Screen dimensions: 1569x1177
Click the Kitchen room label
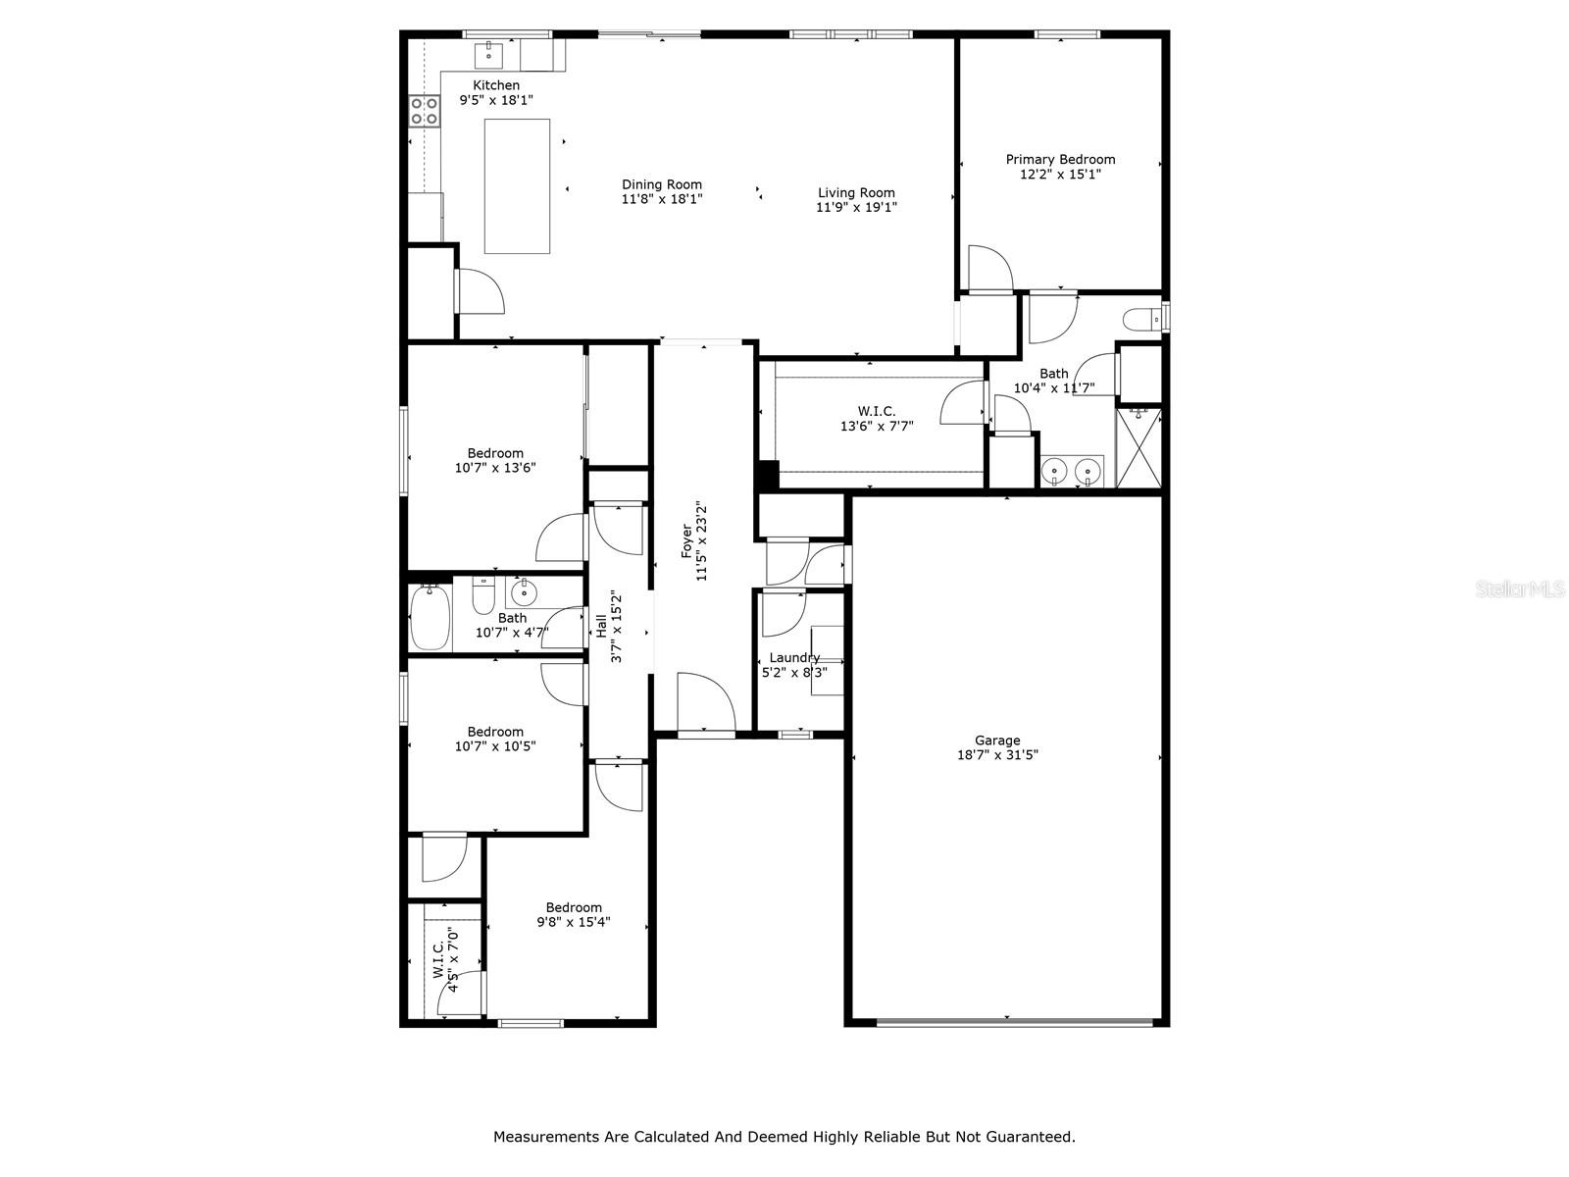pyautogui.click(x=495, y=85)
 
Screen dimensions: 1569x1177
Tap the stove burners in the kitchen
pyautogui.click(x=424, y=112)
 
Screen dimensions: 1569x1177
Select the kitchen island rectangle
pyautogui.click(x=517, y=186)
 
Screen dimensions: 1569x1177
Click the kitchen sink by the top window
pyautogui.click(x=489, y=55)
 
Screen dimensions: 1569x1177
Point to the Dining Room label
pyautogui.click(x=661, y=184)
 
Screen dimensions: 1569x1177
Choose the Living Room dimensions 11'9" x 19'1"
pyautogui.click(x=856, y=207)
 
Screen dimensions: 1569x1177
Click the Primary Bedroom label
pyautogui.click(x=1060, y=159)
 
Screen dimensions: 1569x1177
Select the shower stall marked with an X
pyautogui.click(x=1139, y=448)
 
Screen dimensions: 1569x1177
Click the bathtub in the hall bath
pyautogui.click(x=430, y=618)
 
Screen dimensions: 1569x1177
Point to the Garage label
pyautogui.click(x=997, y=741)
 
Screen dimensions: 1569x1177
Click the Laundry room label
pyautogui.click(x=794, y=657)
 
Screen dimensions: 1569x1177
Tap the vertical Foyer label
pyautogui.click(x=686, y=541)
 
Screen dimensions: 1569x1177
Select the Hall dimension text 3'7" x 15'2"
pyautogui.click(x=616, y=627)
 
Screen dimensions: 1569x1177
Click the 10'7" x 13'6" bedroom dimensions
pyautogui.click(x=495, y=468)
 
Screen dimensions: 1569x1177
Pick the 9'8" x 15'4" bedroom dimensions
pyautogui.click(x=574, y=922)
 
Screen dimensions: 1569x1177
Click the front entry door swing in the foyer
pyautogui.click(x=706, y=701)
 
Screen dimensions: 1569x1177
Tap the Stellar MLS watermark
pyautogui.click(x=1520, y=588)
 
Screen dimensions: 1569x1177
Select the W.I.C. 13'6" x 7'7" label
pyautogui.click(x=877, y=419)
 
